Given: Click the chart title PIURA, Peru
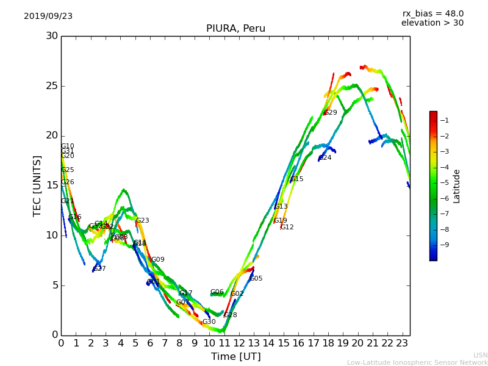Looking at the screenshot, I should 235,29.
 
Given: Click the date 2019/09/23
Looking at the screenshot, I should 48,16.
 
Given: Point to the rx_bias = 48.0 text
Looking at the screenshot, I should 432,14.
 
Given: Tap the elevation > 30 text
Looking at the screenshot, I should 432,23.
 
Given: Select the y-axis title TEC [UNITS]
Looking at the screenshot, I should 37,185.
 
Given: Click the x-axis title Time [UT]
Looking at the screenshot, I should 235,357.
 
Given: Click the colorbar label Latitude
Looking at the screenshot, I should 456,186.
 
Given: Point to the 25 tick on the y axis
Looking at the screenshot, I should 51,86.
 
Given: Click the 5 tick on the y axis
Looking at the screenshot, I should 54,285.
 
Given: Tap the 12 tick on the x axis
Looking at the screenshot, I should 239,343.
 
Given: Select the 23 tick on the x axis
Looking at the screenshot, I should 402,343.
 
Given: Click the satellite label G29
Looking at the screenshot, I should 331,113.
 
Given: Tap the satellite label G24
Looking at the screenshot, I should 325,158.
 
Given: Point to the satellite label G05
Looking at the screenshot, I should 256,279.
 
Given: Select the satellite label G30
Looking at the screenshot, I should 209,322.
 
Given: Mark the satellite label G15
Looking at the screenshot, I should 297,179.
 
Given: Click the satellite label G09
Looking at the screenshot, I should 158,260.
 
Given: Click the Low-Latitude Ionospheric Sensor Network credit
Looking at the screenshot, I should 417,363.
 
